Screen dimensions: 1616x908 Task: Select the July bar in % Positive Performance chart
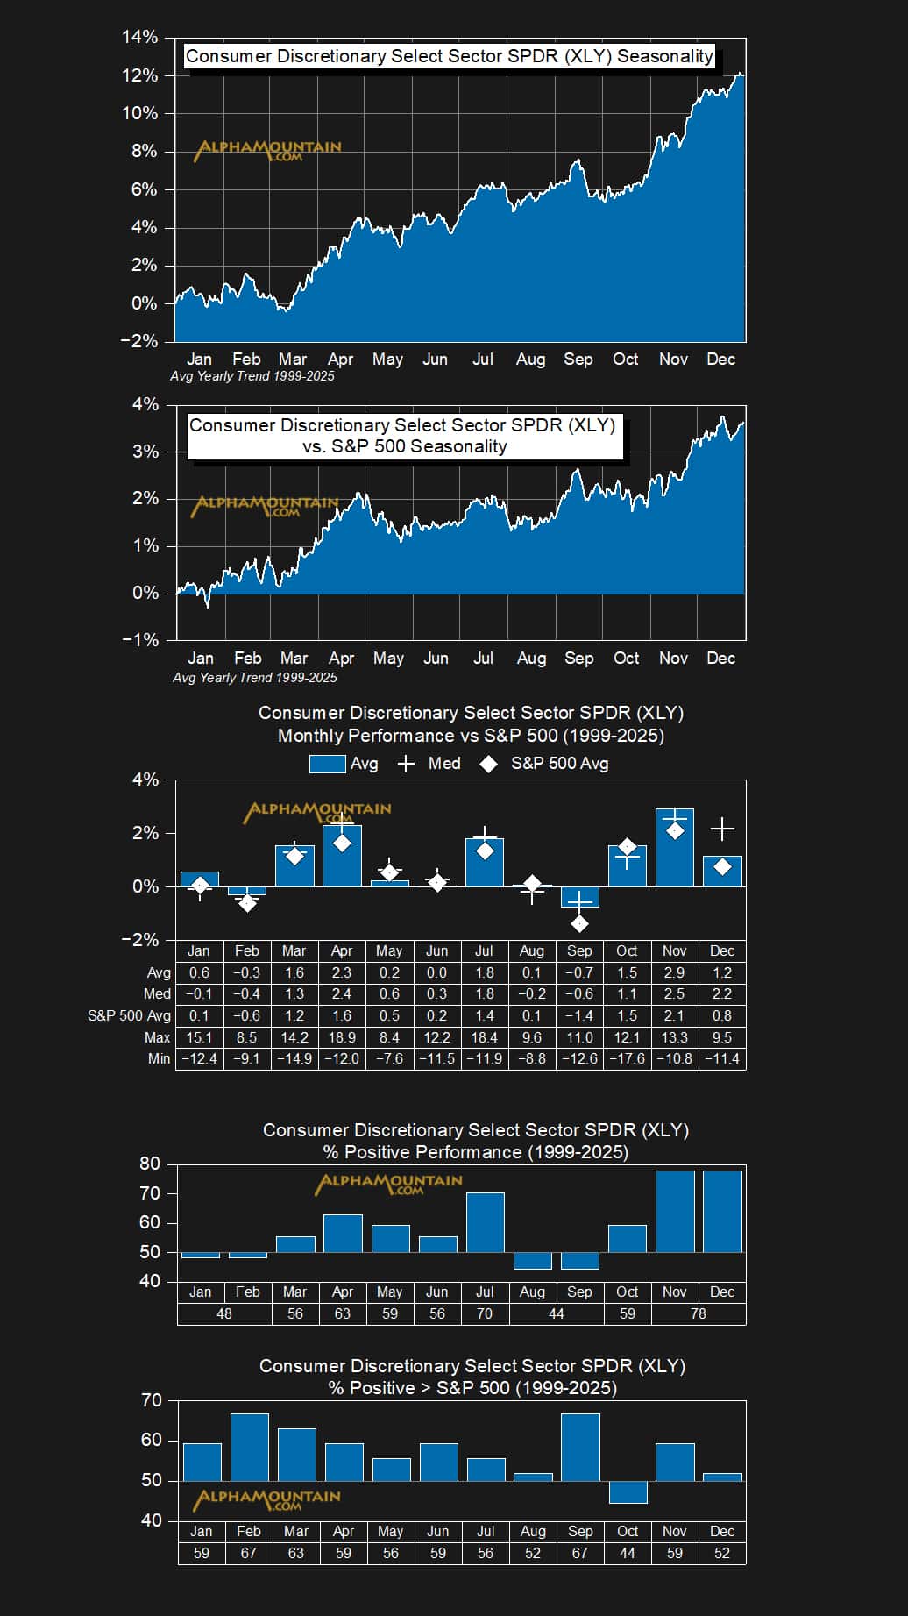coord(485,1222)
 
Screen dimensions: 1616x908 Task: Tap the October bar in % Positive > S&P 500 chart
coord(628,1491)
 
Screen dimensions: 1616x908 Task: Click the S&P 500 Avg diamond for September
coord(579,923)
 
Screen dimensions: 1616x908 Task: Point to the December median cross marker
coord(722,829)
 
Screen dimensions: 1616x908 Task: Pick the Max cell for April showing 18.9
coord(342,1037)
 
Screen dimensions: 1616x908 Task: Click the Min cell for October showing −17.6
coord(627,1058)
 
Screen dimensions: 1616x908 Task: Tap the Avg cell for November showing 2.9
coord(674,972)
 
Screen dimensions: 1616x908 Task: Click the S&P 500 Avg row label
coord(129,1015)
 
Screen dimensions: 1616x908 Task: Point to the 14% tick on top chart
coord(139,37)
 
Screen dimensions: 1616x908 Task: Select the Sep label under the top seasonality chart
coord(578,360)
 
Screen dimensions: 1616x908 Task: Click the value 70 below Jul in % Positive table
coord(485,1313)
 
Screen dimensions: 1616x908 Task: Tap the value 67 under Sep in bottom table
coord(579,1553)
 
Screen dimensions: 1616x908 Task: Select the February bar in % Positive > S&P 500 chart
coord(249,1447)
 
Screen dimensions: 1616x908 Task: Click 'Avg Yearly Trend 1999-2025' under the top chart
coord(252,376)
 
